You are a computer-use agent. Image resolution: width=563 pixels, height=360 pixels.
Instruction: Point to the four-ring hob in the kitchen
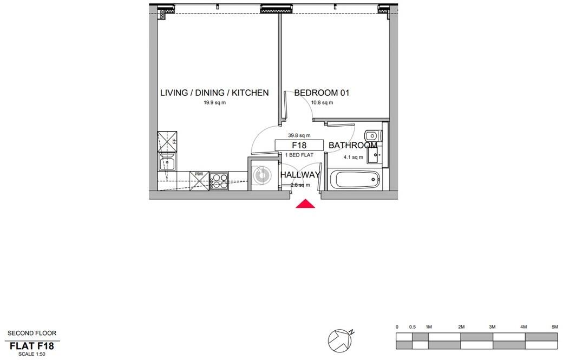pyautogui.click(x=219, y=180)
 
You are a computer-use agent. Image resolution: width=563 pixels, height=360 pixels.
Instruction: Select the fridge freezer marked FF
pyautogui.click(x=168, y=141)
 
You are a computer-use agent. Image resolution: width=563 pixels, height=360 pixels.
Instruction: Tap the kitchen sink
pyautogui.click(x=167, y=161)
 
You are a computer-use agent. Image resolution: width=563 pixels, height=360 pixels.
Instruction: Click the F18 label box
pyautogui.click(x=299, y=145)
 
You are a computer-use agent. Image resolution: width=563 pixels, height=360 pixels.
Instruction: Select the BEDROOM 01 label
pyautogui.click(x=322, y=93)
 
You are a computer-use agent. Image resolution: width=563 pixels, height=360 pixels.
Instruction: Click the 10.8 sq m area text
pyautogui.click(x=322, y=103)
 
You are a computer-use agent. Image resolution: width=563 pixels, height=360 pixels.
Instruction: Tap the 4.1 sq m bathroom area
pyautogui.click(x=353, y=158)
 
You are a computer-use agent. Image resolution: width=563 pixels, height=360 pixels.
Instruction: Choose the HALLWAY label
pyautogui.click(x=300, y=174)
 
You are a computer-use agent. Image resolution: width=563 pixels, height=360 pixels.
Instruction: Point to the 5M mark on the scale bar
pyautogui.click(x=554, y=327)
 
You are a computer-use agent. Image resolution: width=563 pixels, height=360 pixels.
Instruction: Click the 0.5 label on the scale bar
pyautogui.click(x=413, y=327)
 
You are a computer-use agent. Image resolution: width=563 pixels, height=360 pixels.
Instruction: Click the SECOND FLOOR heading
pyautogui.click(x=31, y=333)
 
